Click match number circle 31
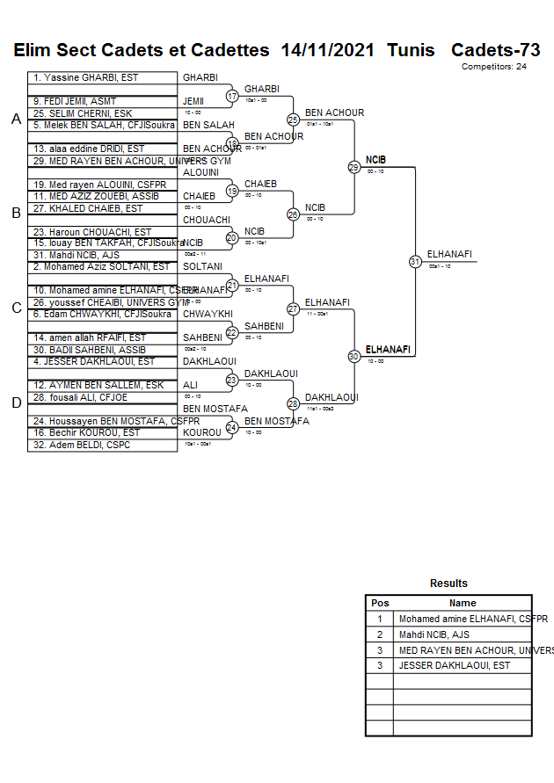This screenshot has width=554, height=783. point(415,261)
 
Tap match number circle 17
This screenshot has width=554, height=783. point(232,96)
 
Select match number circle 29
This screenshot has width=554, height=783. point(354,167)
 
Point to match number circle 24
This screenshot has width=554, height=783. point(232,428)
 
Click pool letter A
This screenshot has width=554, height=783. point(16,120)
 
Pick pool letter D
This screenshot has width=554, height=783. point(16,403)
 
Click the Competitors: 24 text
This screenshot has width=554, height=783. point(494,67)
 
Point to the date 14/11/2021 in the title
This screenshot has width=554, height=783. point(328,50)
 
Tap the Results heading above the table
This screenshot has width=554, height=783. point(448,584)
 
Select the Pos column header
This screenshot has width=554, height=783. point(380,603)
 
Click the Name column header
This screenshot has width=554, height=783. point(463,603)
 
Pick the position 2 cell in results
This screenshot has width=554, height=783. point(380,634)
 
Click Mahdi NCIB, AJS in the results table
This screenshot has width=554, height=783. point(434,634)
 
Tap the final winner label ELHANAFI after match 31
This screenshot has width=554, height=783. point(449,254)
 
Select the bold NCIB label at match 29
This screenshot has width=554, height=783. point(375,160)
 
